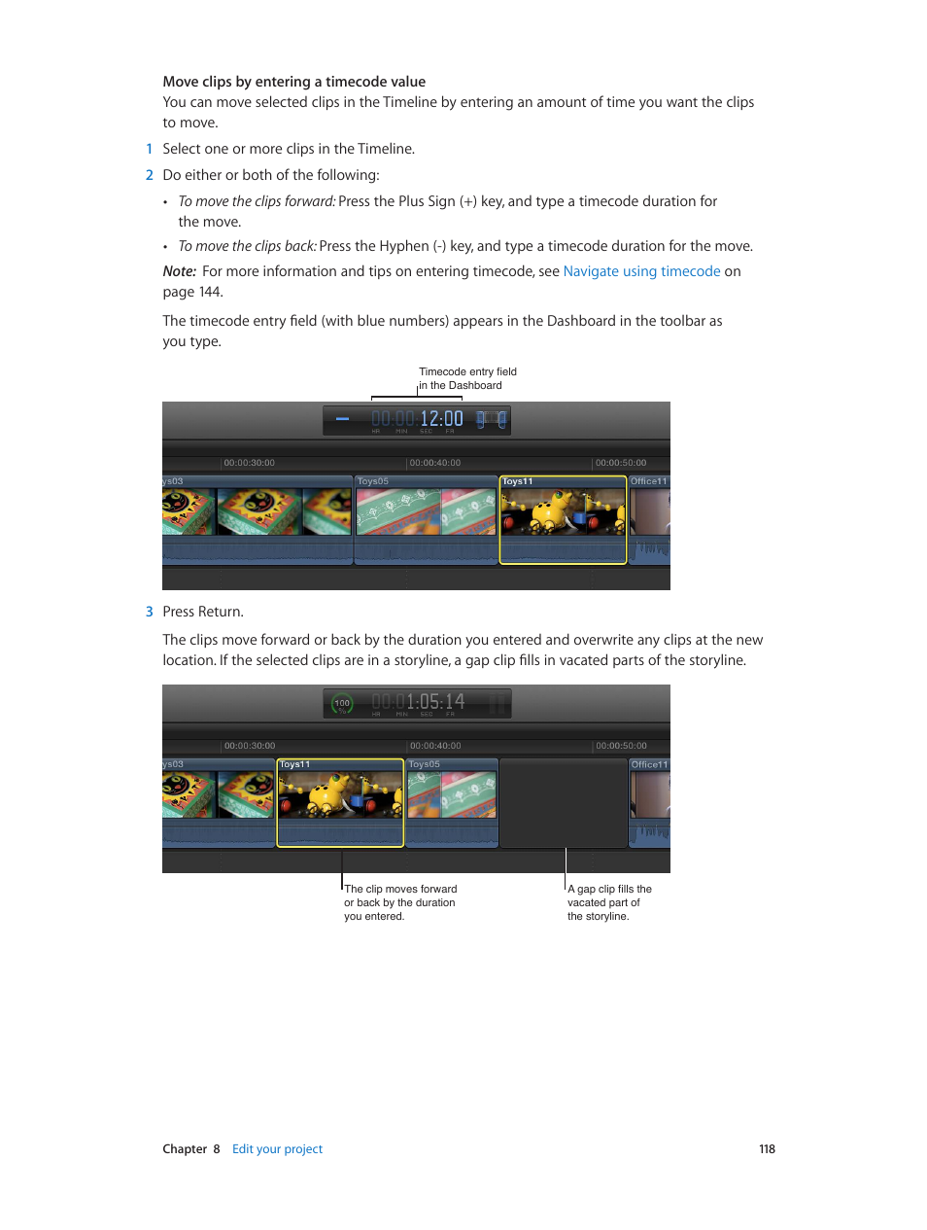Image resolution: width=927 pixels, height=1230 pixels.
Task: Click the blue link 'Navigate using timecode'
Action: [641, 271]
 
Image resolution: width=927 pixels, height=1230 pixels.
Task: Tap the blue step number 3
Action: [149, 612]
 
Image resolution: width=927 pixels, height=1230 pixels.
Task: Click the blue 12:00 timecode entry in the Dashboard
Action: [441, 419]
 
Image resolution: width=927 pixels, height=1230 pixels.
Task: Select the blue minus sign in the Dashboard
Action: [342, 419]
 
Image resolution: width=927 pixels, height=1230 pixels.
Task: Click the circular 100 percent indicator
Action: [342, 703]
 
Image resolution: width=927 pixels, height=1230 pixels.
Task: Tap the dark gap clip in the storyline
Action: [563, 802]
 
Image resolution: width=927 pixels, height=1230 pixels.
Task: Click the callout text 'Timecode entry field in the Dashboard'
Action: [466, 378]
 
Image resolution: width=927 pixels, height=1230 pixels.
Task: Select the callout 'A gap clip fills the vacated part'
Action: [608, 902]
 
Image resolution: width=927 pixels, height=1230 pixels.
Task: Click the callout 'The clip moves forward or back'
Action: [399, 902]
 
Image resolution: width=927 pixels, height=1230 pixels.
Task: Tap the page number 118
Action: [767, 1149]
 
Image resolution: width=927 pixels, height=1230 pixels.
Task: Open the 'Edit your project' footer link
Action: [277, 1149]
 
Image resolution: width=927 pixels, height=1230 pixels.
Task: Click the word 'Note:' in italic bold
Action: [179, 271]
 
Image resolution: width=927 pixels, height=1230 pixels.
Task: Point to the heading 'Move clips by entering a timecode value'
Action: [293, 82]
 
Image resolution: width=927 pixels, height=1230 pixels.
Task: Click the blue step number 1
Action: [149, 149]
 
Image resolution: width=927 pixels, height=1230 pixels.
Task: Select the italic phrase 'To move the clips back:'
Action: [247, 246]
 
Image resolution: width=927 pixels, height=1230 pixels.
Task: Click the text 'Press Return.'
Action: [203, 612]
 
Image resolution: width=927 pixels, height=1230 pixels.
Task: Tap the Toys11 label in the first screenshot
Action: [518, 481]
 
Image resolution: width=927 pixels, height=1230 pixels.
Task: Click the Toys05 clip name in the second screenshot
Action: [425, 764]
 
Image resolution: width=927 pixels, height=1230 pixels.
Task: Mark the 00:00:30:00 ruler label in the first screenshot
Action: [249, 463]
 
